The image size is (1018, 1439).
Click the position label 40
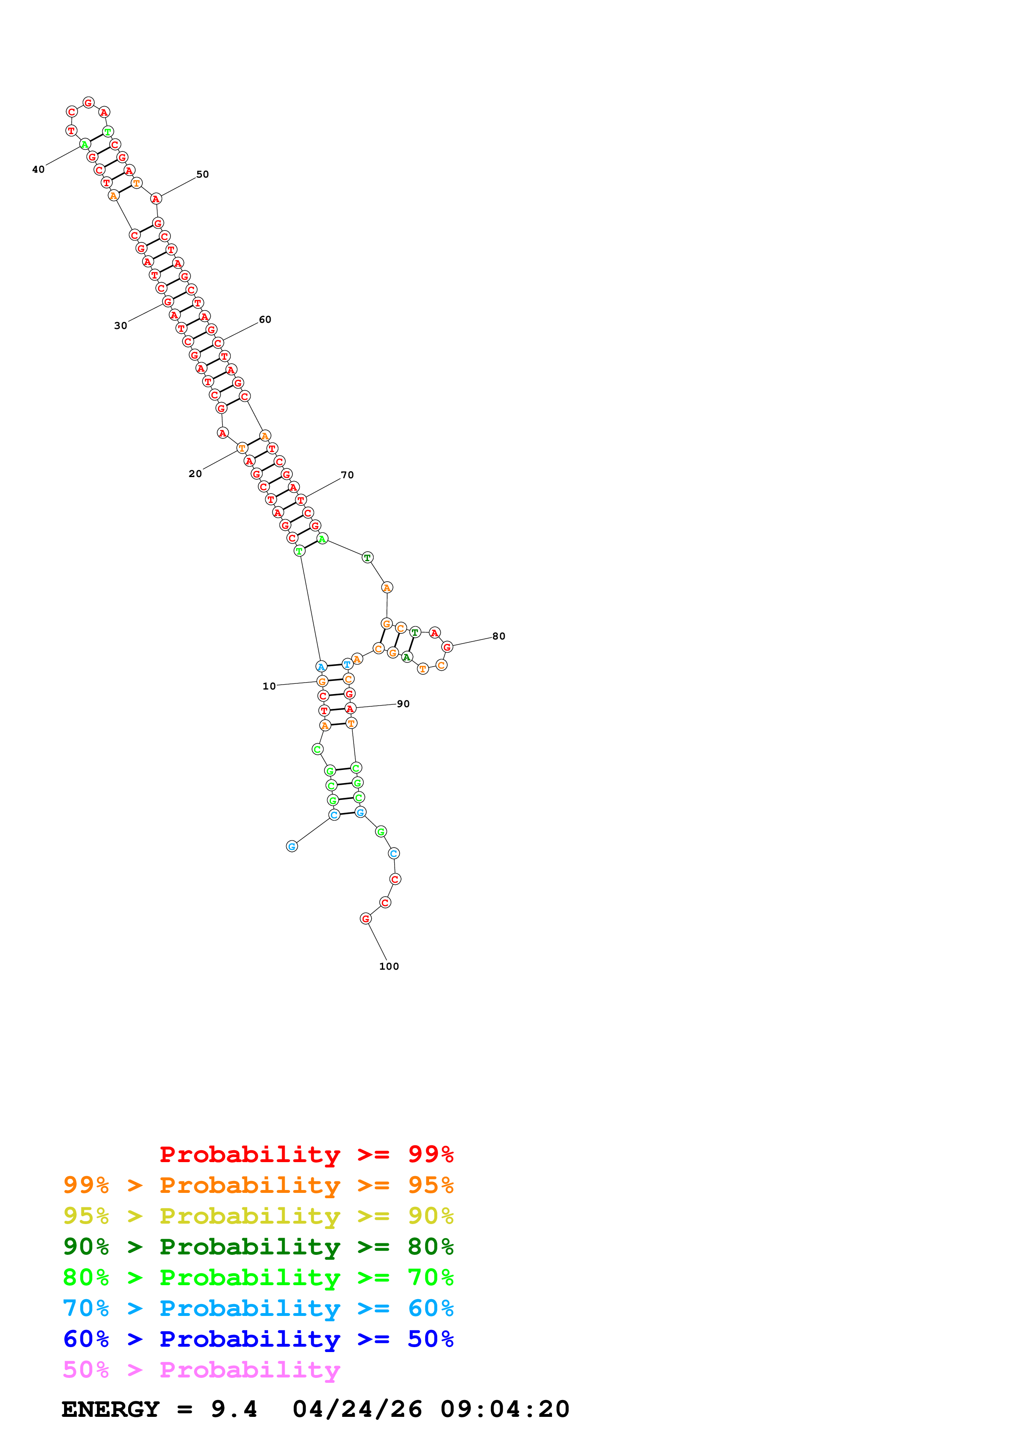coord(38,169)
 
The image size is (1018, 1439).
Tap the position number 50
coord(202,174)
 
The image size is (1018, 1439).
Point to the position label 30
coord(120,325)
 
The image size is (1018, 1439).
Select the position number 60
coord(265,320)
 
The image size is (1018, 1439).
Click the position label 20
coord(195,474)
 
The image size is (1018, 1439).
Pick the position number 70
coord(347,475)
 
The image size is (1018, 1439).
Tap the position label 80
coord(499,636)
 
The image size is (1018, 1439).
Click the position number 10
coord(269,686)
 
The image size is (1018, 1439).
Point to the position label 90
coord(403,704)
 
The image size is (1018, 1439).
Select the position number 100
coord(389,966)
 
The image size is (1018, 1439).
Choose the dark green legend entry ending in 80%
coord(258,1247)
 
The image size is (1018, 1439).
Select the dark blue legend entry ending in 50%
coord(258,1339)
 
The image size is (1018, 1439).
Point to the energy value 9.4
coord(234,1409)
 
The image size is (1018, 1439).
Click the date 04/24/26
coord(358,1409)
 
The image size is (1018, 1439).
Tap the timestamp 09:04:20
coord(505,1409)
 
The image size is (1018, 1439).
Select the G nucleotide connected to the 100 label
coord(365,919)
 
